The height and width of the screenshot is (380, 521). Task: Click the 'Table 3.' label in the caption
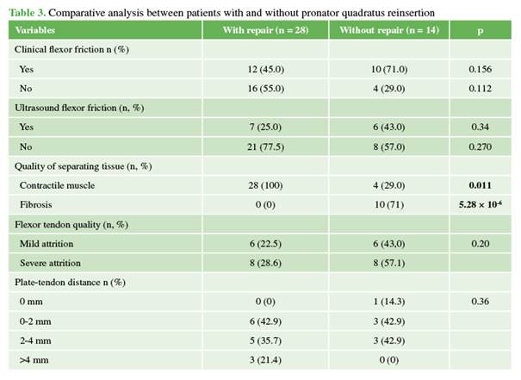coord(30,13)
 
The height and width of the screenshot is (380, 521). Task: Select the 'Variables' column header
coord(37,31)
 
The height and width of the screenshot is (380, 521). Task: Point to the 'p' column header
coord(481,31)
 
